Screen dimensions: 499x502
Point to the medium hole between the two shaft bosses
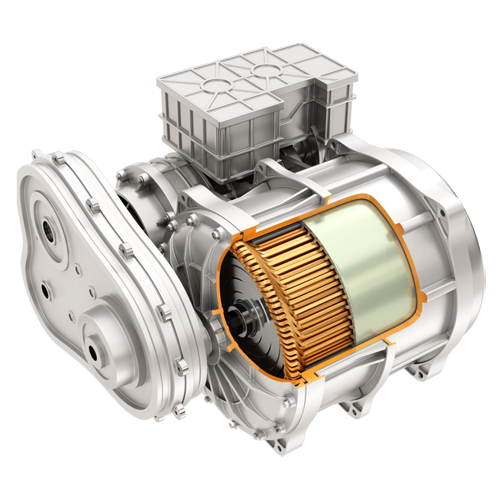(x=47, y=290)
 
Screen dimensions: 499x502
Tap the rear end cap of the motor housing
(x=458, y=244)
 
